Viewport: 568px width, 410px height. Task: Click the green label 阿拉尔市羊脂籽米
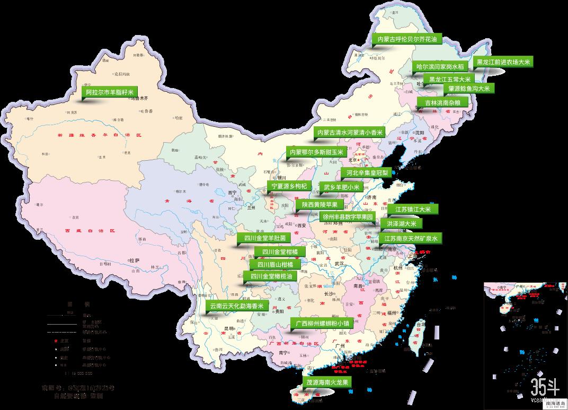click(110, 92)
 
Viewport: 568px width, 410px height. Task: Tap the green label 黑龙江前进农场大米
click(503, 62)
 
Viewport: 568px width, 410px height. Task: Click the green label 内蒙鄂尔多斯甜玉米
click(316, 152)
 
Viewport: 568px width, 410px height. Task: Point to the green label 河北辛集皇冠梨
click(367, 172)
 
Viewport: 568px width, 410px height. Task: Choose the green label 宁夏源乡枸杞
click(289, 186)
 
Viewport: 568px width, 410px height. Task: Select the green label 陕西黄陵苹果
click(319, 204)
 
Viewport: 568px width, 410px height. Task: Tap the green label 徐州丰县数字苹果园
click(348, 216)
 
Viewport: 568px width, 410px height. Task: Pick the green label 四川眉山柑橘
click(278, 264)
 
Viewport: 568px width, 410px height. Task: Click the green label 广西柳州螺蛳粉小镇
click(322, 323)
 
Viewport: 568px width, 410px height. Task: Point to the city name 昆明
click(229, 328)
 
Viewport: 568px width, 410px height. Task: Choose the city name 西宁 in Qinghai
click(231, 193)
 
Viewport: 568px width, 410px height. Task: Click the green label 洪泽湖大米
click(401, 224)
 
